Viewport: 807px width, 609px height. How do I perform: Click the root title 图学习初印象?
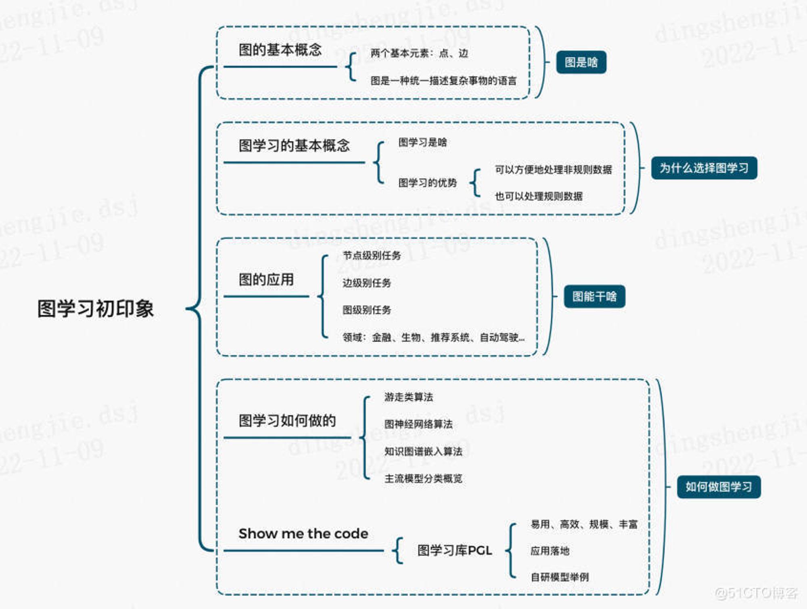click(x=96, y=309)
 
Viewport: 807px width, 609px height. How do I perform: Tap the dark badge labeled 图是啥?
click(x=581, y=62)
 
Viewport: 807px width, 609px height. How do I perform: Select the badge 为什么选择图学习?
click(x=704, y=168)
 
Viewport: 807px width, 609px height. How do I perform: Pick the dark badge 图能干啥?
click(x=594, y=296)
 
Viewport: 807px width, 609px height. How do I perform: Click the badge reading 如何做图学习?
click(x=719, y=487)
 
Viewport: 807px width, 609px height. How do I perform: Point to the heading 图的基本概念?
click(x=280, y=50)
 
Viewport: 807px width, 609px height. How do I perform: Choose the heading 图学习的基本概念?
click(x=294, y=146)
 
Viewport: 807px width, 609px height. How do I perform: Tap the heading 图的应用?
click(x=266, y=279)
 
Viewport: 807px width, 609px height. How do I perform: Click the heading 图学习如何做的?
click(x=287, y=421)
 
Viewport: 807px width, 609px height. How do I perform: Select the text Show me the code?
click(x=303, y=534)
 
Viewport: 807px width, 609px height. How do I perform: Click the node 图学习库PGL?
click(x=455, y=551)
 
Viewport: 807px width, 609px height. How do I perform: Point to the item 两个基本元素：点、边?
click(x=419, y=53)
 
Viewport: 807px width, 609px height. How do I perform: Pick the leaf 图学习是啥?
click(x=422, y=142)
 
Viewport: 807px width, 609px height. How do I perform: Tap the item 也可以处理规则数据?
click(x=539, y=196)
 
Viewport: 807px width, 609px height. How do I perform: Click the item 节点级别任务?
click(x=372, y=256)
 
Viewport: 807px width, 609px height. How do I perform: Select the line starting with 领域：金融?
click(x=434, y=337)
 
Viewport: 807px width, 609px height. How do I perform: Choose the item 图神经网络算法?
click(x=418, y=424)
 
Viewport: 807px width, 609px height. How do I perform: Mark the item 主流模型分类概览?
click(x=423, y=479)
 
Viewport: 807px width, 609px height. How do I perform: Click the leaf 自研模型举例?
click(x=560, y=577)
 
